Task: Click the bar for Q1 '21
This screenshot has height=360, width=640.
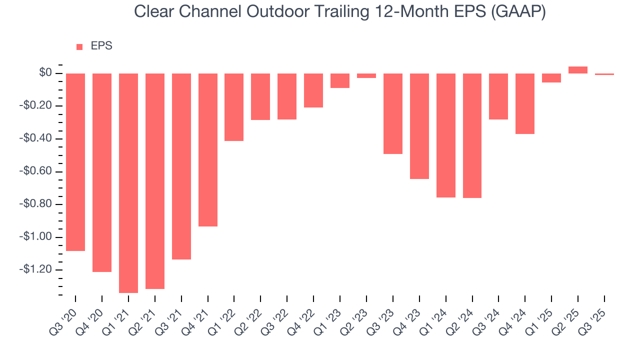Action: point(128,183)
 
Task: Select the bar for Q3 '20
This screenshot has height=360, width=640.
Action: point(75,162)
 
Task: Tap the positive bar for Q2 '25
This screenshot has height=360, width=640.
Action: point(578,70)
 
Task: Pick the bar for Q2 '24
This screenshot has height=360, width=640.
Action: point(472,135)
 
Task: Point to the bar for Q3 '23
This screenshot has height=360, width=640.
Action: point(393,113)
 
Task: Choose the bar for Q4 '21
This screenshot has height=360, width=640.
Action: point(208,150)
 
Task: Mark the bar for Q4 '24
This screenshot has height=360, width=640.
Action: point(525,103)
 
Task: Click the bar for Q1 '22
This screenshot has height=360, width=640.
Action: point(234,107)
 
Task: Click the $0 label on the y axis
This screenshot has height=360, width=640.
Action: point(45,73)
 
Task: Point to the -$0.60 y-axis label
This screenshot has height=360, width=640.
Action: point(36,171)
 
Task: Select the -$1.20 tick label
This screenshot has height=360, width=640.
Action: point(36,269)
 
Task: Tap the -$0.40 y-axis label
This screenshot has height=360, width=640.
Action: point(36,138)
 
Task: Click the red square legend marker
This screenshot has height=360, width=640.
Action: point(79,47)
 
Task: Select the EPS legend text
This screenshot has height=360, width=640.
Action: point(101,46)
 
